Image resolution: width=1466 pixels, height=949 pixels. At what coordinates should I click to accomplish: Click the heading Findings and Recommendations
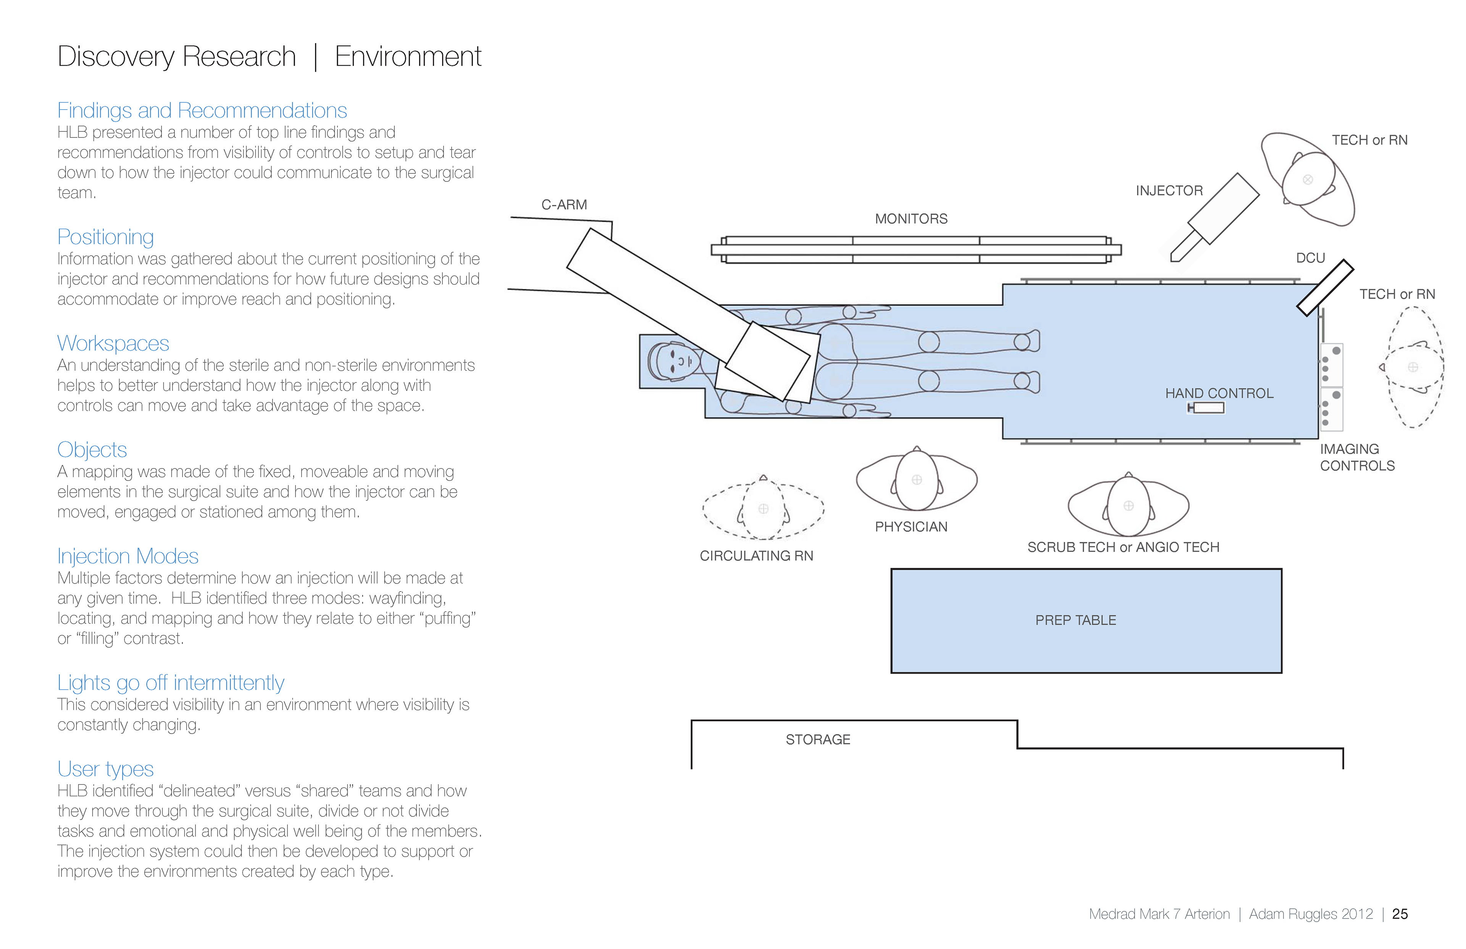(x=202, y=110)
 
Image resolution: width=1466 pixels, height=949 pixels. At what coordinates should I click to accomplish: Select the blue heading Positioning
(x=105, y=237)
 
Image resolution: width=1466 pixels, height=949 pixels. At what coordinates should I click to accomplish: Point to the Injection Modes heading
(x=128, y=556)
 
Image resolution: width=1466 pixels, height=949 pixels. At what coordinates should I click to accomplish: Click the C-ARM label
(x=563, y=205)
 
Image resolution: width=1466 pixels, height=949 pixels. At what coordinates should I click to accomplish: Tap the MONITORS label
(x=911, y=219)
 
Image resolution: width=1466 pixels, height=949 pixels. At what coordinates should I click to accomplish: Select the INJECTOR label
(x=1169, y=191)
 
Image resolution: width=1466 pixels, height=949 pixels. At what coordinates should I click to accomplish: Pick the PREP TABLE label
(x=1075, y=620)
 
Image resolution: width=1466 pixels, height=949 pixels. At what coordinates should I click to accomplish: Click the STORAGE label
(x=817, y=739)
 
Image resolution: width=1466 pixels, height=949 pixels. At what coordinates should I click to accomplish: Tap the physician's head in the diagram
(x=917, y=480)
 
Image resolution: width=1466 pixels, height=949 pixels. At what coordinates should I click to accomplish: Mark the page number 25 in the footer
(x=1400, y=914)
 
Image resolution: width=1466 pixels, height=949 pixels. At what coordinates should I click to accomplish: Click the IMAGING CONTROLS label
(x=1357, y=457)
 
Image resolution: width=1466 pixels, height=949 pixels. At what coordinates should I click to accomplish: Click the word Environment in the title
(x=408, y=57)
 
